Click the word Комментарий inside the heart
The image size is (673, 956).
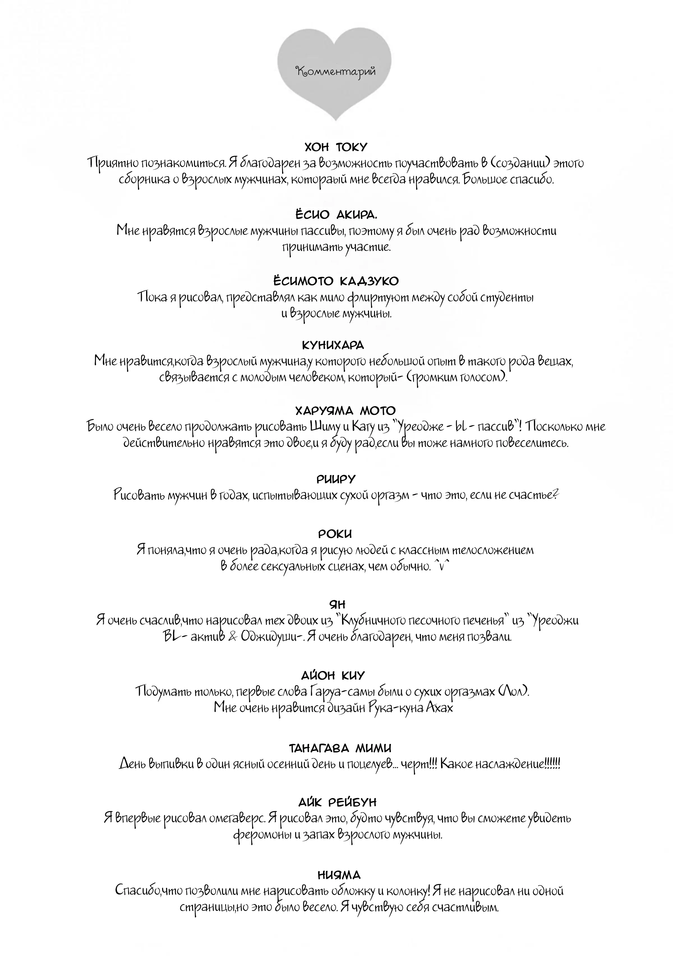pos(336,72)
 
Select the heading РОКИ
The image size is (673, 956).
pos(335,534)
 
